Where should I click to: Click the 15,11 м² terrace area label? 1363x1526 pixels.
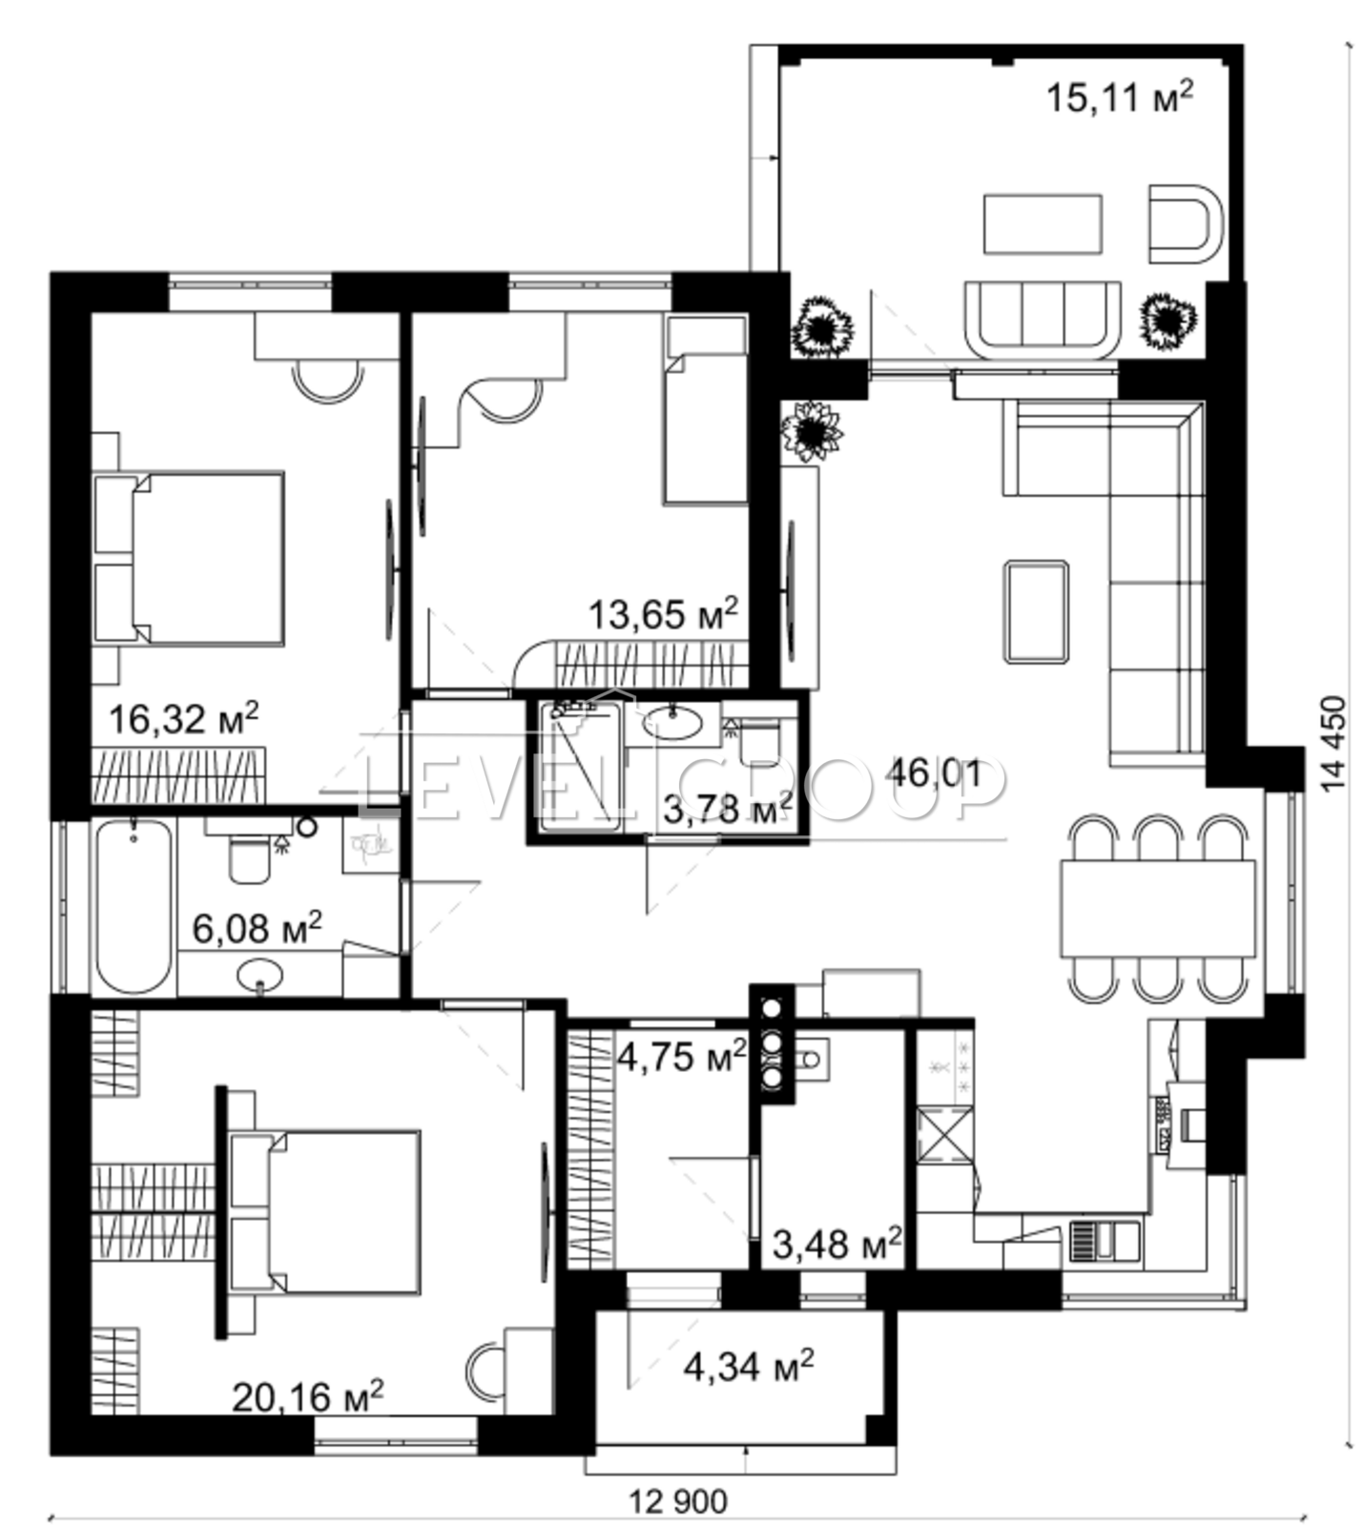[x=1120, y=95]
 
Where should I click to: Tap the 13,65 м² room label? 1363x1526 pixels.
[x=663, y=613]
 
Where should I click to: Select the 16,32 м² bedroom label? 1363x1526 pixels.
[x=183, y=717]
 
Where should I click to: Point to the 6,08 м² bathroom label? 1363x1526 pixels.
[x=257, y=926]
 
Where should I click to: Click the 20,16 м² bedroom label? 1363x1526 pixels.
[x=308, y=1397]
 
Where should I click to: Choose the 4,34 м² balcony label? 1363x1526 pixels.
[x=749, y=1366]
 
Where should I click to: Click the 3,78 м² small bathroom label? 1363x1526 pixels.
[x=728, y=810]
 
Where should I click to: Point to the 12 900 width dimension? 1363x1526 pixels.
[x=678, y=1502]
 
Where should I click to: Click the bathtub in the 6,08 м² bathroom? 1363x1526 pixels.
[x=134, y=907]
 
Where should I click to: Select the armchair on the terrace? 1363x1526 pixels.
[x=1186, y=223]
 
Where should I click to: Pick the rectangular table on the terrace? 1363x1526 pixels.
[x=1043, y=224]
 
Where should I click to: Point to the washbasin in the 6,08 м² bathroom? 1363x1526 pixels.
[x=259, y=975]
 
